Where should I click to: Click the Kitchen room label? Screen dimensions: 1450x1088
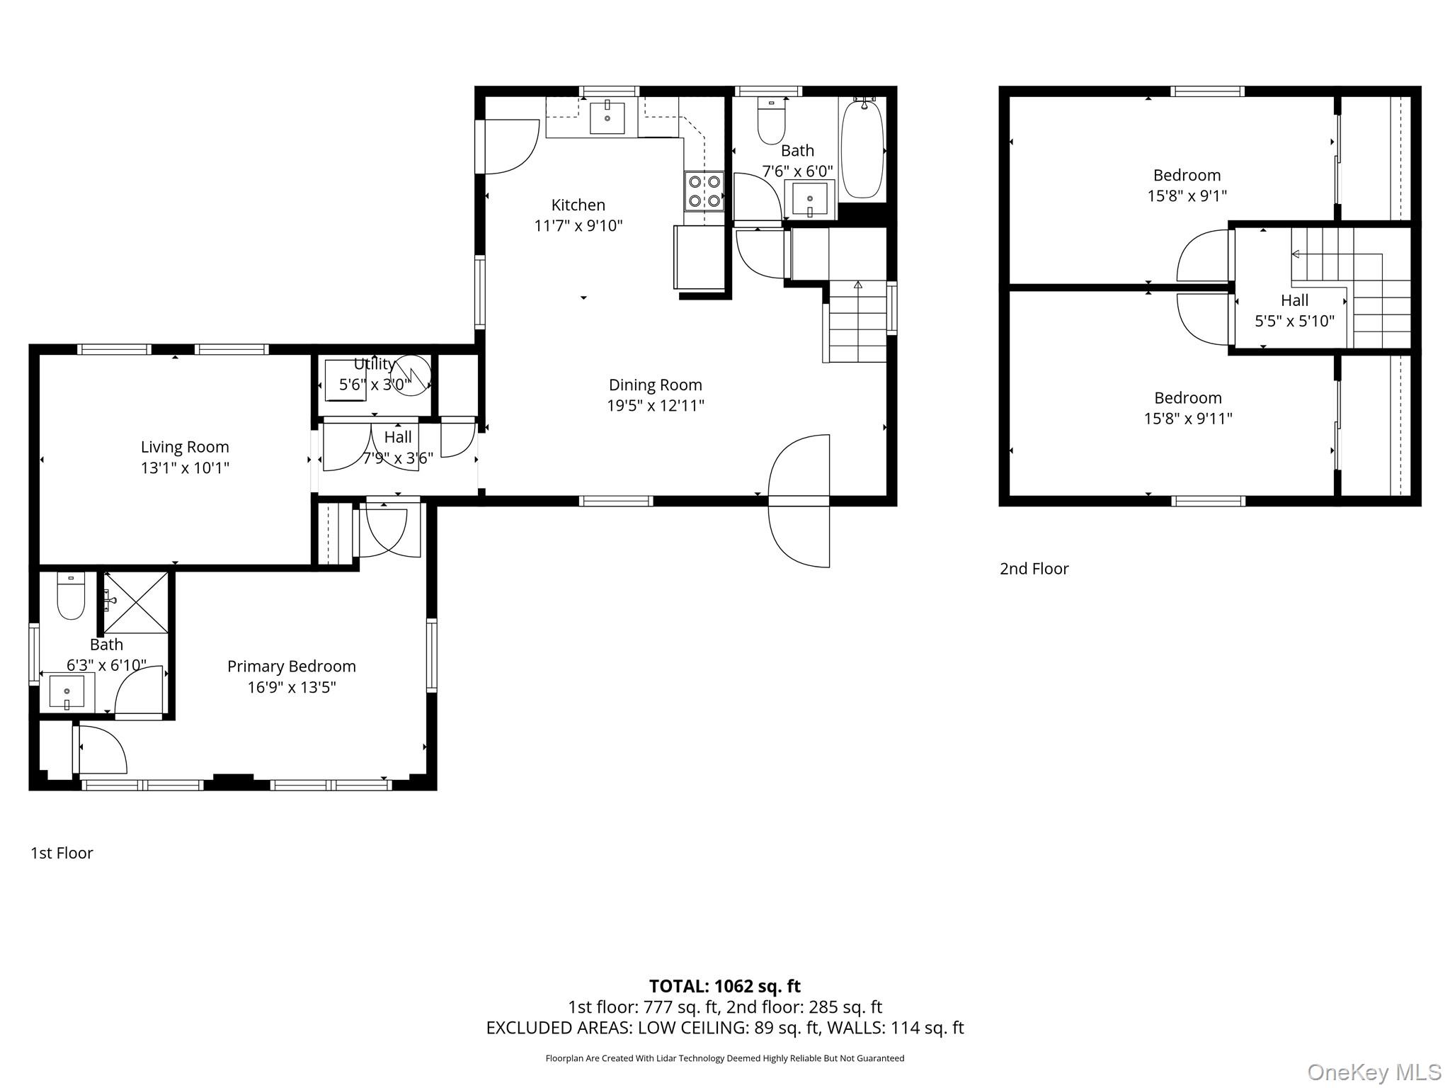(578, 205)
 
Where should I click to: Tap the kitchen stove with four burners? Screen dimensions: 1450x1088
(704, 191)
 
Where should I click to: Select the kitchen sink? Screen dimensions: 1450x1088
(607, 118)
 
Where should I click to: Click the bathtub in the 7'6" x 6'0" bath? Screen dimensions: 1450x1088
(862, 148)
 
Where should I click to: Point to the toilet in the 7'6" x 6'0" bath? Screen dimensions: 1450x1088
(771, 120)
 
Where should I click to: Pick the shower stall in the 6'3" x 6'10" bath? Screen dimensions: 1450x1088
(136, 602)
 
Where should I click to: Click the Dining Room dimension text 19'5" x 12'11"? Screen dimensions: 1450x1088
(656, 406)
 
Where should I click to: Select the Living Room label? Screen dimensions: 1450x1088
(185, 447)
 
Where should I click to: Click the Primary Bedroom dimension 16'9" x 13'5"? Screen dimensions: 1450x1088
(292, 687)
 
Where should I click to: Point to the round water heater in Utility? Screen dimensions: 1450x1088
(411, 375)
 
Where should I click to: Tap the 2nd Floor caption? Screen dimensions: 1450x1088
(1034, 569)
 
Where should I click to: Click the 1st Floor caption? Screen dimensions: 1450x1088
(62, 853)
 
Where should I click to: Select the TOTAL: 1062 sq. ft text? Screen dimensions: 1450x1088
(725, 986)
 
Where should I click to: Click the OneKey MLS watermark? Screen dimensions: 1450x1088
(1374, 1072)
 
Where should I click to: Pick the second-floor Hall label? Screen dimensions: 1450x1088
(1294, 300)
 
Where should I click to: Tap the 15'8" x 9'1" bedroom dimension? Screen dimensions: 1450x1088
(1187, 195)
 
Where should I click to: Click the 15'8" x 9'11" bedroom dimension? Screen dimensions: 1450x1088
(1188, 419)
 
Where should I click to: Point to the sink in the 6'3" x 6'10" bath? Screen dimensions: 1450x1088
(67, 691)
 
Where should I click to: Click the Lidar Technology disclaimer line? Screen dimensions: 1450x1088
(725, 1058)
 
